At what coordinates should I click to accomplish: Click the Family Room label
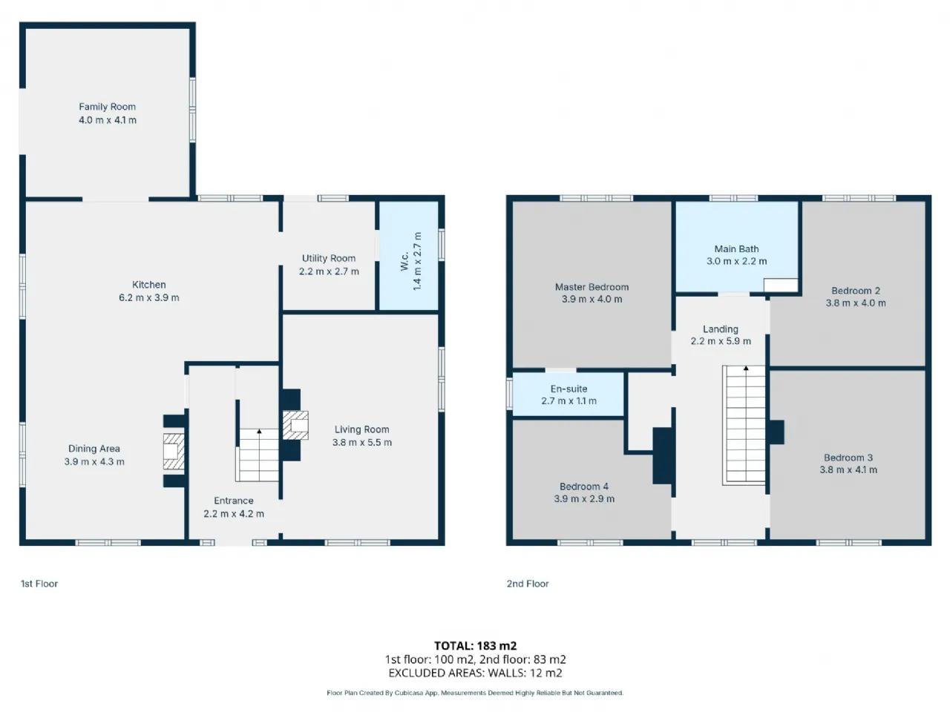pyautogui.click(x=108, y=107)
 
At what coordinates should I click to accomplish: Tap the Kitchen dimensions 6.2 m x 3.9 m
pyautogui.click(x=149, y=298)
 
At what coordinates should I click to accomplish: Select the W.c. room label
pyautogui.click(x=404, y=261)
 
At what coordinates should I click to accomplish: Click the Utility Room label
pyautogui.click(x=329, y=259)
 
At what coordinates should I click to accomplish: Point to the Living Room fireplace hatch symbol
pyautogui.click(x=295, y=426)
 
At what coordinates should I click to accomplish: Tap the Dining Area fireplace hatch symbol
pyautogui.click(x=174, y=452)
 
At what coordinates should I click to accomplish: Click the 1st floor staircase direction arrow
pyautogui.click(x=259, y=431)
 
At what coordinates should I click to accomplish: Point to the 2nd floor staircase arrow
pyautogui.click(x=746, y=369)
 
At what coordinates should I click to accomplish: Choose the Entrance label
pyautogui.click(x=234, y=501)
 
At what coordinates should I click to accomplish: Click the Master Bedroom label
pyautogui.click(x=592, y=287)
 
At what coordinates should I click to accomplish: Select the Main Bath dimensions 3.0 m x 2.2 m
pyautogui.click(x=737, y=262)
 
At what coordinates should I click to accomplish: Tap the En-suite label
pyautogui.click(x=569, y=389)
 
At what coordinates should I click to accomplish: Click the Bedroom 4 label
pyautogui.click(x=584, y=487)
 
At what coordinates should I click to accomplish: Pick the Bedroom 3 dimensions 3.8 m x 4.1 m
pyautogui.click(x=848, y=470)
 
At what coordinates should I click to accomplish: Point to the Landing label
pyautogui.click(x=721, y=329)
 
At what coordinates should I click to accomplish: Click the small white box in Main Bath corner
pyautogui.click(x=781, y=286)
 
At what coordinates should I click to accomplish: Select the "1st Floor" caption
pyautogui.click(x=39, y=584)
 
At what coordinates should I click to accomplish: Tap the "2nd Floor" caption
pyautogui.click(x=528, y=584)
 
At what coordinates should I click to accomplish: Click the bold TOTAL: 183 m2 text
pyautogui.click(x=475, y=646)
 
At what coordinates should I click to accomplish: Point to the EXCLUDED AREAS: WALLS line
pyautogui.click(x=475, y=673)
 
